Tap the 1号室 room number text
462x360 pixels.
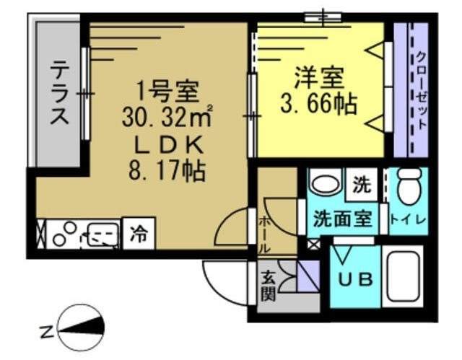click(168, 92)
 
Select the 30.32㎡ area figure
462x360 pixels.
click(167, 117)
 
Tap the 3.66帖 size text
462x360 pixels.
click(318, 105)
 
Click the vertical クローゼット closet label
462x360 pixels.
click(421, 92)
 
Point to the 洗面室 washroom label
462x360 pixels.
click(341, 219)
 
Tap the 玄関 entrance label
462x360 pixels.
click(266, 284)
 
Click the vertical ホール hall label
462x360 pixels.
click(265, 232)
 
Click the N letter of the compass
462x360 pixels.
click(45, 333)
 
